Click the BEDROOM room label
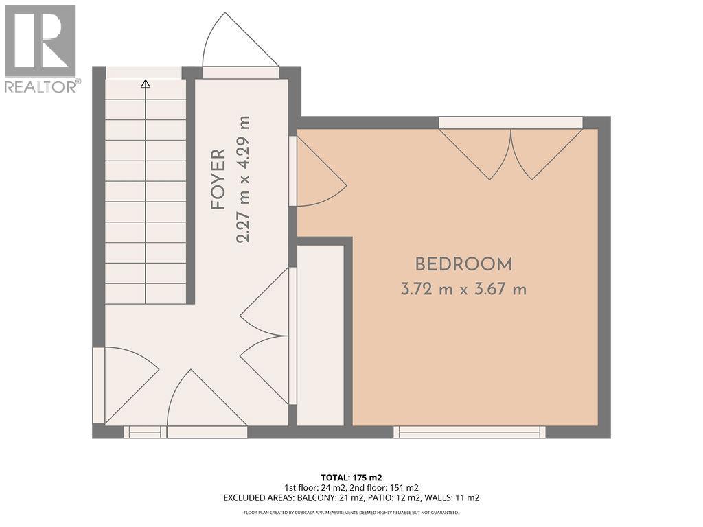coord(463,264)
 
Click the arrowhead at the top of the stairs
coord(146,84)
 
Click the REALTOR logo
coord(41,49)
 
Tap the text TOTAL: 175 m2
coord(351,477)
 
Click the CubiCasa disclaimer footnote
coord(351,512)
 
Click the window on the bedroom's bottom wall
coord(470,432)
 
